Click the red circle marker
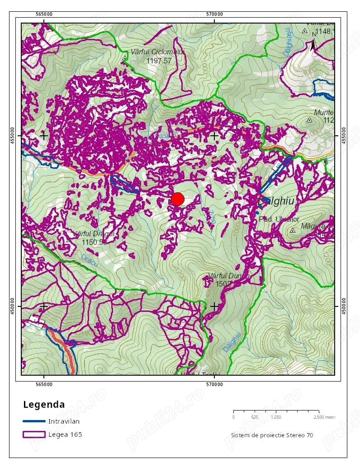tap(178, 199)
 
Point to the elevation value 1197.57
tap(159, 61)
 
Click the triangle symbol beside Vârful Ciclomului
tap(124, 58)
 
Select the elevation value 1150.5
tap(94, 242)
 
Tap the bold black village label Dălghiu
tap(278, 201)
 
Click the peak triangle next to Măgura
tap(293, 230)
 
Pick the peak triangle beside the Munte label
tap(309, 120)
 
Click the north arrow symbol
tap(313, 44)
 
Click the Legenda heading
tap(44, 404)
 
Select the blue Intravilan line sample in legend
tap(34, 421)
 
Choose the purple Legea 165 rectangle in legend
tap(34, 435)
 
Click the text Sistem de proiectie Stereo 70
tap(271, 435)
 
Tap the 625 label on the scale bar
tap(255, 417)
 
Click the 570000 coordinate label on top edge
tap(214, 14)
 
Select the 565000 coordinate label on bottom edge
tap(43, 385)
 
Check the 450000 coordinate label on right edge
tap(345, 306)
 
